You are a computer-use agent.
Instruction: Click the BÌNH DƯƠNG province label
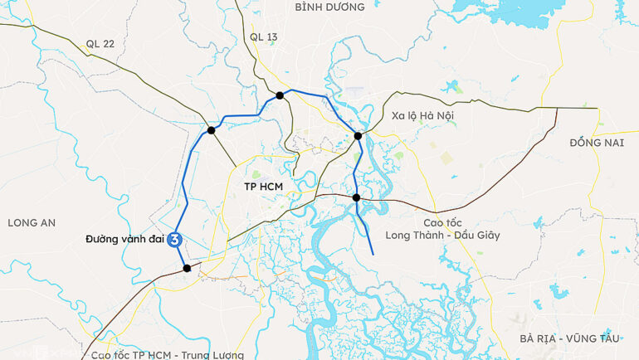(x=329, y=7)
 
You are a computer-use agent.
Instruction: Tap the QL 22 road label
(x=100, y=44)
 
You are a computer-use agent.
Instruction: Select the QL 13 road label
(x=263, y=37)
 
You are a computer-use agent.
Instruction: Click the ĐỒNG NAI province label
(x=596, y=143)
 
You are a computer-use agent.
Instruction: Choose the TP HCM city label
(x=264, y=187)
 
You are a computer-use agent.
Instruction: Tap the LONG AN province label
(x=31, y=222)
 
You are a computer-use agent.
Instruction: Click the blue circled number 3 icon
(x=176, y=240)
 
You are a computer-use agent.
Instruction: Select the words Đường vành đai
(x=125, y=240)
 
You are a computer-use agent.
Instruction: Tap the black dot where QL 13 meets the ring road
(x=280, y=95)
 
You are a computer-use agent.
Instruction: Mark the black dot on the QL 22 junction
(x=212, y=130)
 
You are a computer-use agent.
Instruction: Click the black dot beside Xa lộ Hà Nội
(x=358, y=136)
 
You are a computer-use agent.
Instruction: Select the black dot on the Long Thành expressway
(x=356, y=197)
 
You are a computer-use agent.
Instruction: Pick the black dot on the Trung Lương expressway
(x=187, y=268)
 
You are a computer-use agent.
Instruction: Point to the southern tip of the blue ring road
(x=373, y=253)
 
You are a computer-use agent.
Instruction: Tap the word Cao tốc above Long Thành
(x=442, y=222)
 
